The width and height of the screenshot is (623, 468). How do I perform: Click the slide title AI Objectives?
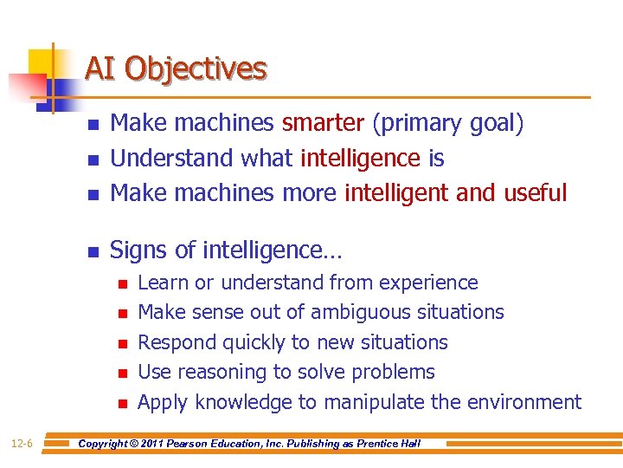pyautogui.click(x=176, y=68)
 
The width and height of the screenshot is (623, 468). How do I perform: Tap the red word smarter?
pyautogui.click(x=323, y=124)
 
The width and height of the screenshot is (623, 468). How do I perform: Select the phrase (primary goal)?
pyautogui.click(x=447, y=124)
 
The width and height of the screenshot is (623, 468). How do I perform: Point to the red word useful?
pyautogui.click(x=536, y=192)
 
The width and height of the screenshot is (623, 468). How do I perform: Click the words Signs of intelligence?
pyautogui.click(x=226, y=250)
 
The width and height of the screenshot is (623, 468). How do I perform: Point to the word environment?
pyautogui.click(x=524, y=402)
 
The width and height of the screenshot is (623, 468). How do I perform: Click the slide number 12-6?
pyautogui.click(x=22, y=444)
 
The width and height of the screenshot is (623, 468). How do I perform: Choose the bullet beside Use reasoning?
pyautogui.click(x=122, y=374)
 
